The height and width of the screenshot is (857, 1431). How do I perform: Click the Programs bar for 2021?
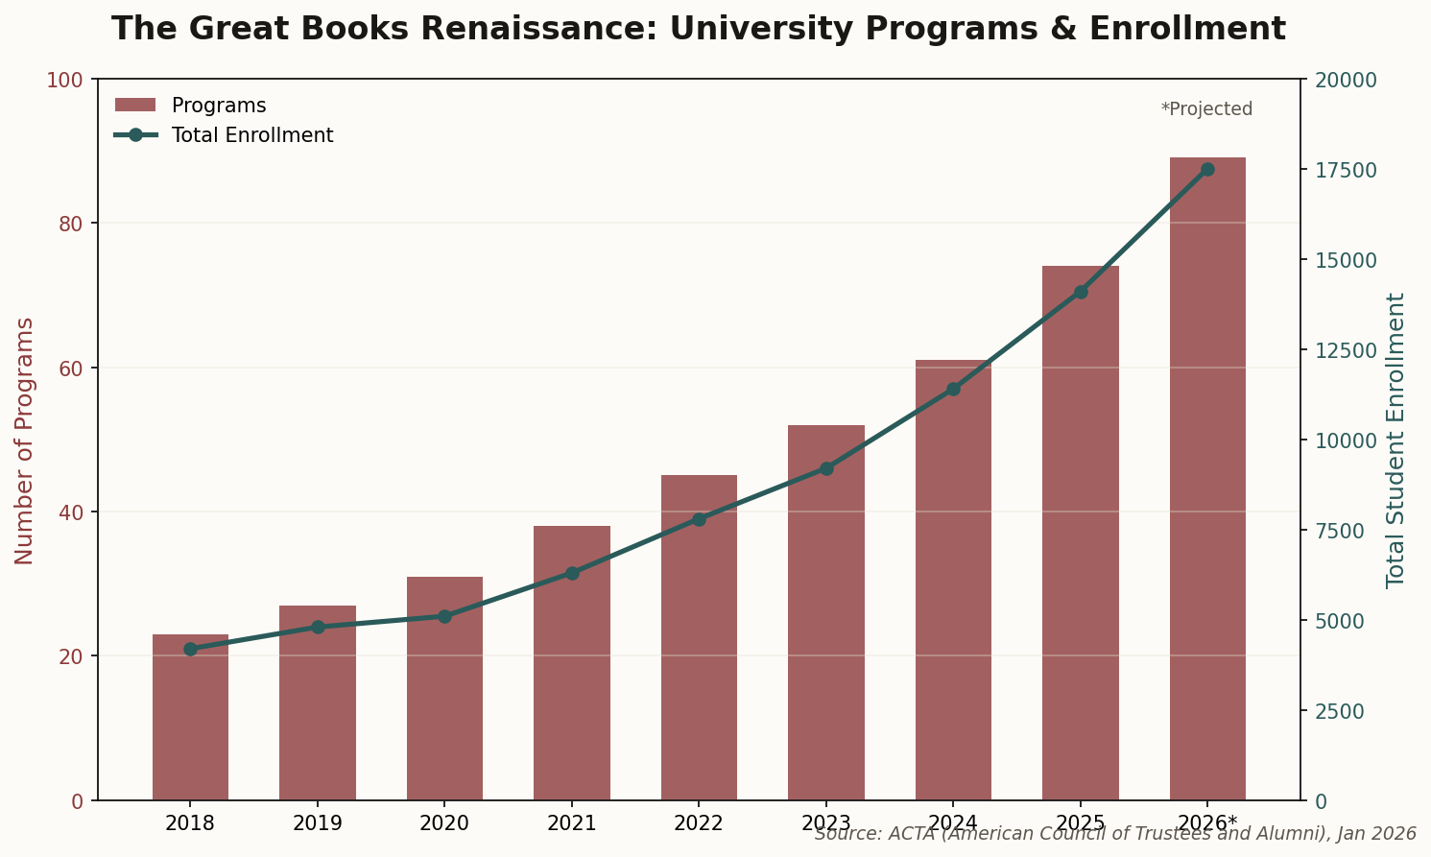point(572,672)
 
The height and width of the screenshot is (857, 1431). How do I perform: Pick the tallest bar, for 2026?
point(1207,480)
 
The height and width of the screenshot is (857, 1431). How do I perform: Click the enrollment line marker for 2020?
point(444,616)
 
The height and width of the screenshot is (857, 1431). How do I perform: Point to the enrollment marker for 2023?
point(826,468)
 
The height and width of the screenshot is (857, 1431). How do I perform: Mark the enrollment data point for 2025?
point(1081,292)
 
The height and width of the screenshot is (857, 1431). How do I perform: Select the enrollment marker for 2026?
point(1207,169)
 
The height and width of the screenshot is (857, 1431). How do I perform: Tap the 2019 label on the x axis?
point(318,822)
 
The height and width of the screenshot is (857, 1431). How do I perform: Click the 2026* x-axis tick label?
point(1207,822)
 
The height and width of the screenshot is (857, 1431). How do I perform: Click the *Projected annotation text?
point(1206,109)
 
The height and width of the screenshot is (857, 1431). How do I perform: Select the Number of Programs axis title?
point(25,440)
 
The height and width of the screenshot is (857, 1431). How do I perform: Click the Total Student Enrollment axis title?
point(1395,440)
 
